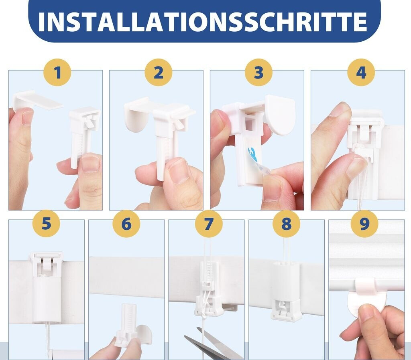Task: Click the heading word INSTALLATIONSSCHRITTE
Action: click(202, 22)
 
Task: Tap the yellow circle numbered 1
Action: click(57, 72)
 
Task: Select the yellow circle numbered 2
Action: click(158, 72)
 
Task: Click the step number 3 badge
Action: click(259, 72)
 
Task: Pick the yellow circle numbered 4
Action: click(361, 72)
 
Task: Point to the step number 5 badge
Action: click(46, 224)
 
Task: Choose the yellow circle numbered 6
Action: click(126, 224)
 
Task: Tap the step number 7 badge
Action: click(209, 224)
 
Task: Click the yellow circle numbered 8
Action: click(286, 224)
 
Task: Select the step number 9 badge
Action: click(364, 224)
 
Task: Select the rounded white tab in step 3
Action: click(279, 115)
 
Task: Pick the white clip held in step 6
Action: click(127, 325)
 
